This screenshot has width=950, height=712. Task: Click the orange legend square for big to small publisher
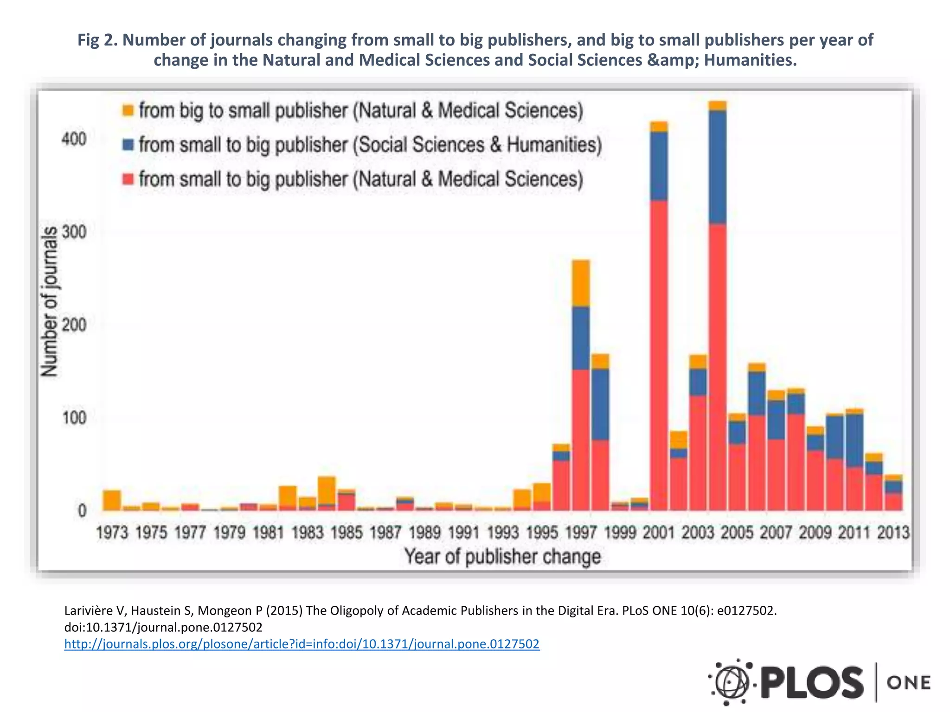(128, 111)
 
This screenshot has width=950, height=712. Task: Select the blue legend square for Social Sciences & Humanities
(128, 145)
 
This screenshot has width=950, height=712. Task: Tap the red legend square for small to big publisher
(128, 179)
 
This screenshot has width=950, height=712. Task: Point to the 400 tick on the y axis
(74, 139)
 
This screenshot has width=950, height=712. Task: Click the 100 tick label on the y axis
(74, 418)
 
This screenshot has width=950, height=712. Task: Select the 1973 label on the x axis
(112, 533)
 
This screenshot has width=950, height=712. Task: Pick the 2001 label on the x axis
(659, 533)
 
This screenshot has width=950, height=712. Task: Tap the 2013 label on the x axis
(893, 533)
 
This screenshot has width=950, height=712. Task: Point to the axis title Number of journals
(50, 301)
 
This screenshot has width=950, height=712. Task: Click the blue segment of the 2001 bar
(659, 166)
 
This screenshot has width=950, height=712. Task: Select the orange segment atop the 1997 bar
(581, 283)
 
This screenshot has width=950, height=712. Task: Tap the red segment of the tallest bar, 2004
(718, 366)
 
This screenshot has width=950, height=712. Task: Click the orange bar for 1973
(112, 501)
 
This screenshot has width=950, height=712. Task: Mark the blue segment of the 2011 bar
(854, 440)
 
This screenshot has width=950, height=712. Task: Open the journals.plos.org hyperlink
(302, 644)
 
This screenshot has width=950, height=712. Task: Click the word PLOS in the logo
(812, 682)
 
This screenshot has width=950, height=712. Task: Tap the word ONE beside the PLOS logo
(908, 682)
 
